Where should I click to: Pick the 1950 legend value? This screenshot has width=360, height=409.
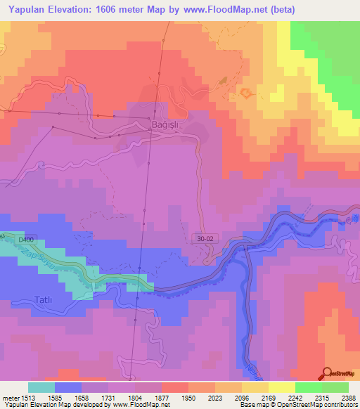(x=188, y=397)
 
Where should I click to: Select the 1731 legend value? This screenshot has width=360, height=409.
(x=108, y=397)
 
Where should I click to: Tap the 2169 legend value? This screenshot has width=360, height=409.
(x=268, y=397)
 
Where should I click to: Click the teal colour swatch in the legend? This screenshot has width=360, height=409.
(x=41, y=387)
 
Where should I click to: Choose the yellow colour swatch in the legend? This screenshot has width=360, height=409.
(x=281, y=387)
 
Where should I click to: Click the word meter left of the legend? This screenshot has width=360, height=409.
(x=10, y=397)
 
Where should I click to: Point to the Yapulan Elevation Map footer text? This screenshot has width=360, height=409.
(x=35, y=405)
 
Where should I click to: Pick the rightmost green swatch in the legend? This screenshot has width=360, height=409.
(x=335, y=387)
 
